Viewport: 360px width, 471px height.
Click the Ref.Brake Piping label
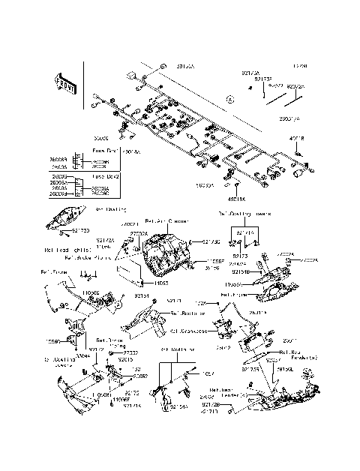tap(94, 256)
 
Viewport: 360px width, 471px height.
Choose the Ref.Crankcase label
tap(193, 330)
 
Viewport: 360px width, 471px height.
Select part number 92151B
tap(239, 272)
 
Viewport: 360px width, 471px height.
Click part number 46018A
tap(238, 199)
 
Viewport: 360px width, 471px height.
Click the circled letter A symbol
tap(230, 99)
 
